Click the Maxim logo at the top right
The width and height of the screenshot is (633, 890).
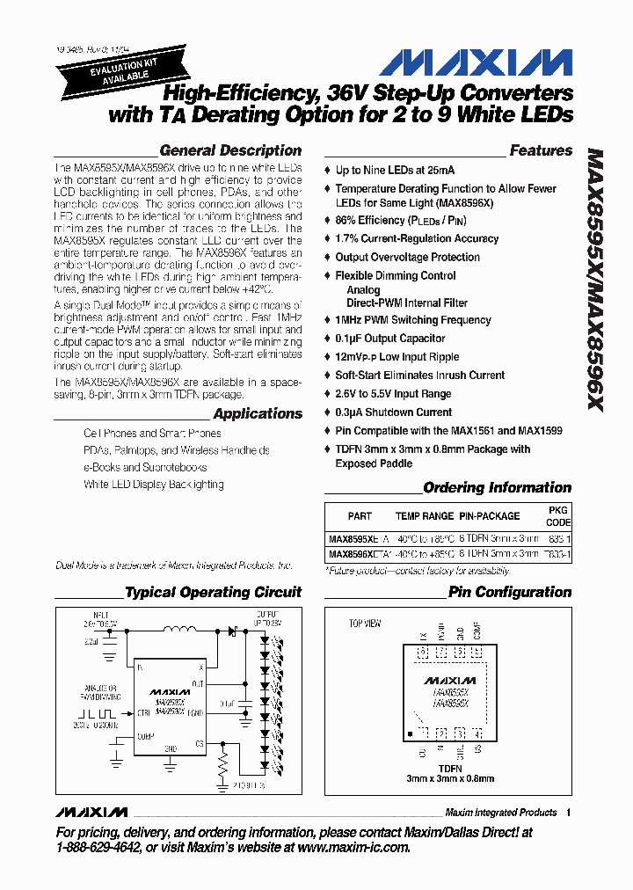(x=476, y=64)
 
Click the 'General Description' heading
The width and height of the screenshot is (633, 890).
(x=230, y=150)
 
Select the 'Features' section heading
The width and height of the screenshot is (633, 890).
(x=541, y=150)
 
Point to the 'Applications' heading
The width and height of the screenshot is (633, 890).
(x=258, y=413)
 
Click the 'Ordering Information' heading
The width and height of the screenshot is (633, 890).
(x=497, y=487)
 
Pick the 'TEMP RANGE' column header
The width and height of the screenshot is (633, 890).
(x=425, y=516)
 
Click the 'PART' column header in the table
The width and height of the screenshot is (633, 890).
(x=360, y=516)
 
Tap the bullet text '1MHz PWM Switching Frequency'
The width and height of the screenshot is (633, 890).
(x=412, y=320)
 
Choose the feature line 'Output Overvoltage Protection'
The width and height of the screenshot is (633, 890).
(x=407, y=257)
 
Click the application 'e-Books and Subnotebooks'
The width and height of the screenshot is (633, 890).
(x=145, y=467)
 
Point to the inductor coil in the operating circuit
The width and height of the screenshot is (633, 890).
(x=181, y=629)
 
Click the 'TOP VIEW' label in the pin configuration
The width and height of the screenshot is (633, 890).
(x=365, y=624)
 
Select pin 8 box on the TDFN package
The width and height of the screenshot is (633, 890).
(x=422, y=653)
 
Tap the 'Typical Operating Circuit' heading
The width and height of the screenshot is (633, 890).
(x=213, y=592)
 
